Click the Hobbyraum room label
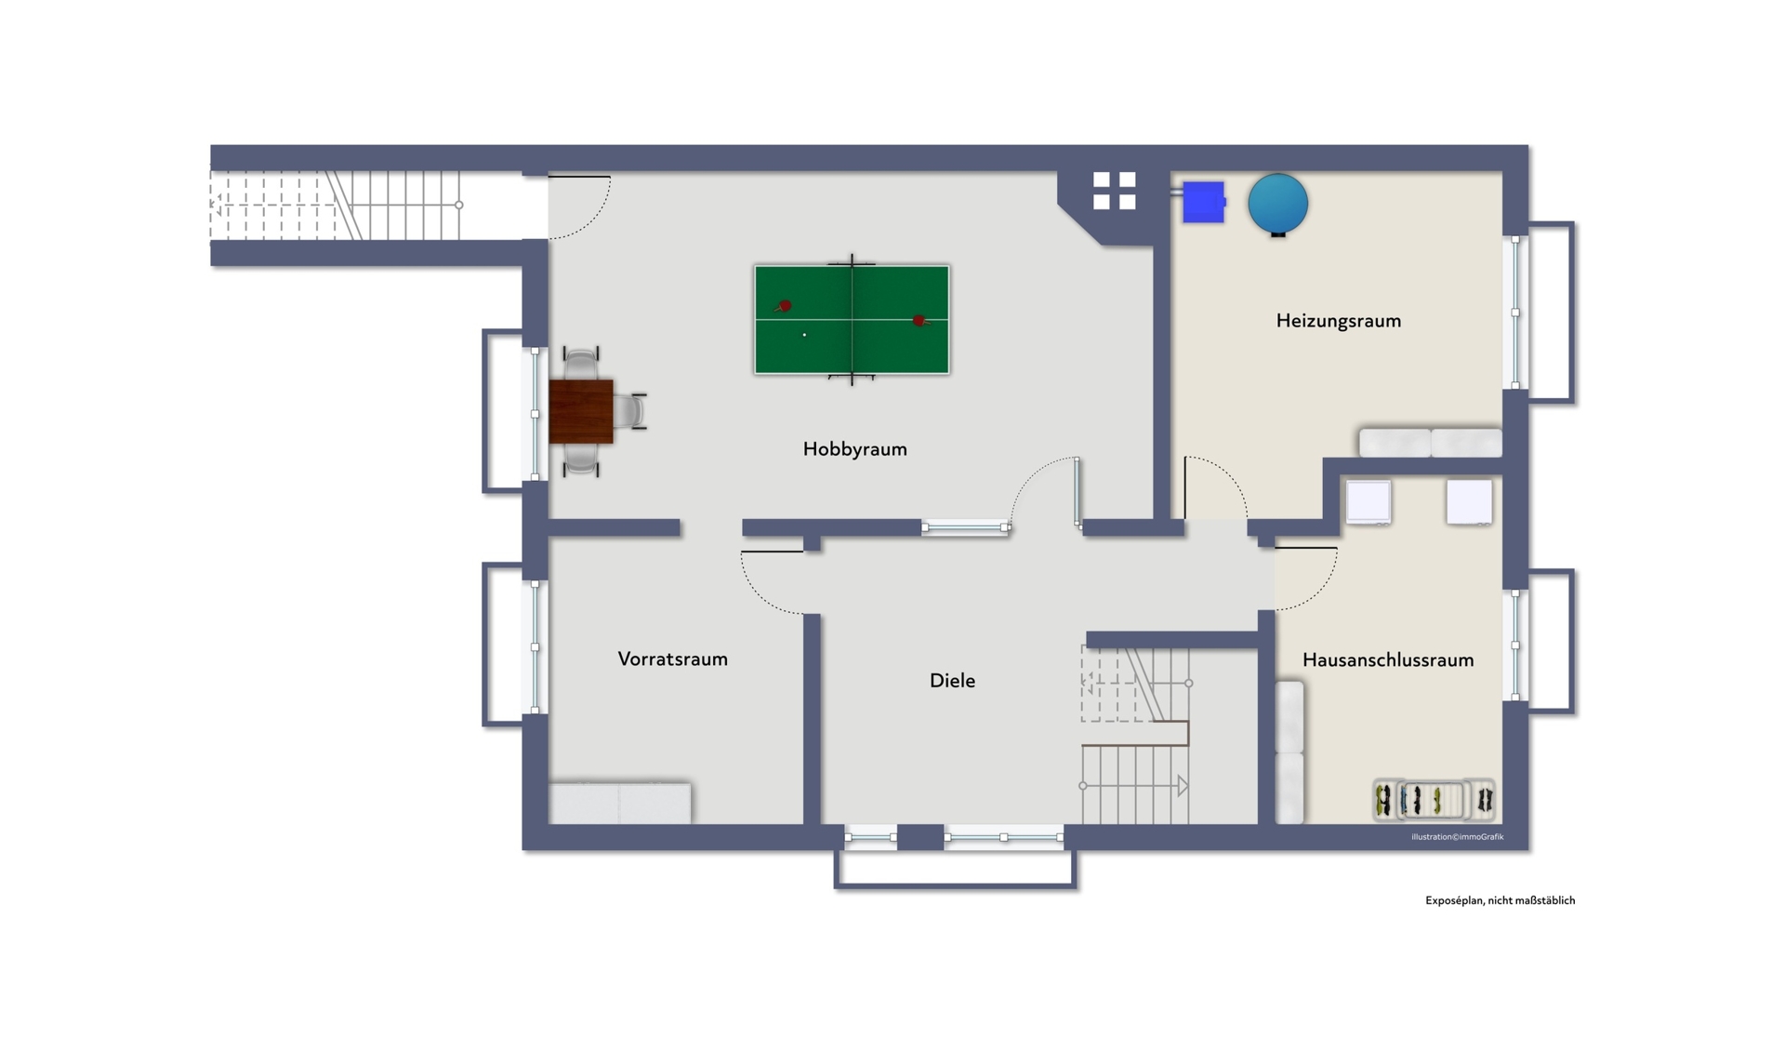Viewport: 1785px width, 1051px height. tap(854, 449)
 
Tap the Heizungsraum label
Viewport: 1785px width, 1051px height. tap(1338, 321)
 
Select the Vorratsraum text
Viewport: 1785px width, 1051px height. tap(672, 659)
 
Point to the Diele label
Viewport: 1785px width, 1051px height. tap(952, 680)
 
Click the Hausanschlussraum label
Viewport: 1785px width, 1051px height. tap(1387, 659)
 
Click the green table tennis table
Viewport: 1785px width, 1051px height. tap(852, 320)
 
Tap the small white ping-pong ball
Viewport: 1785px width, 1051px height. tap(804, 335)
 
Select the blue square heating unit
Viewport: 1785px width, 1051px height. tap(1203, 202)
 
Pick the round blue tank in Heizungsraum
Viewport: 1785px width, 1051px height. tap(1278, 204)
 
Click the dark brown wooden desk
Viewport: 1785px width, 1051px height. tap(581, 411)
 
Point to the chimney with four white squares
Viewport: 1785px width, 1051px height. tap(1114, 191)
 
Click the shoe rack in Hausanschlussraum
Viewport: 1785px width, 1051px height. tap(1434, 799)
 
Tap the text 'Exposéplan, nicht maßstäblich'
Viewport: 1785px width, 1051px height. tap(1500, 900)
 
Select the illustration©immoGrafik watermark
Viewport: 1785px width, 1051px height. tap(1457, 837)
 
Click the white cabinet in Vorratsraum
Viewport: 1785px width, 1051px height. tap(619, 803)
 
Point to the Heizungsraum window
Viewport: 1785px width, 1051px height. tap(1515, 313)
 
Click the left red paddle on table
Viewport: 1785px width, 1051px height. tap(783, 306)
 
